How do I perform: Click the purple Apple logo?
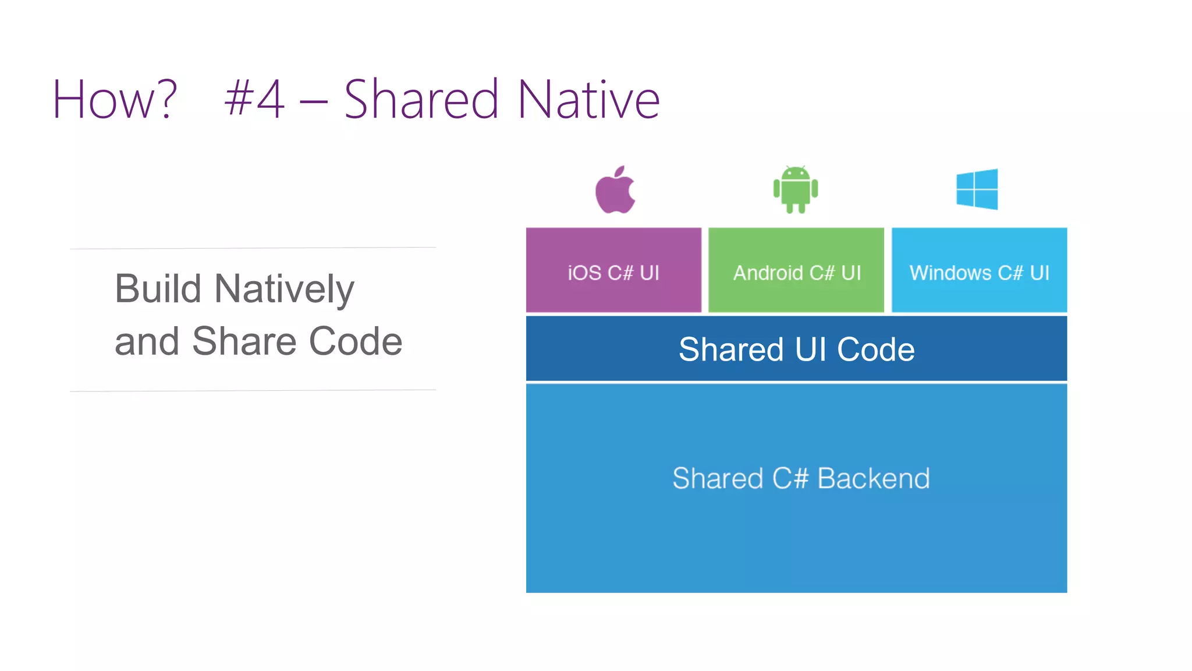point(615,193)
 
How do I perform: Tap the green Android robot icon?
point(796,189)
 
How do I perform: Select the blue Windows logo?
point(977,189)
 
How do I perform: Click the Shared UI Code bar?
point(796,349)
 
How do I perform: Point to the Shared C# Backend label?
point(801,478)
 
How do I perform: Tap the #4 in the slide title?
point(254,100)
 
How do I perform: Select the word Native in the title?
point(588,100)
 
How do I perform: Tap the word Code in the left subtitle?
point(356,341)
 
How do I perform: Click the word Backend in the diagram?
point(873,478)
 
